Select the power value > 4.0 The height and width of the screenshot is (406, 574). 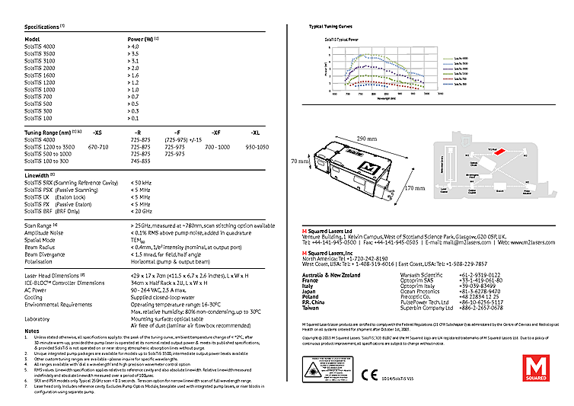point(134,47)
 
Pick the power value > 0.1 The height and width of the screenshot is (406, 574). point(134,118)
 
